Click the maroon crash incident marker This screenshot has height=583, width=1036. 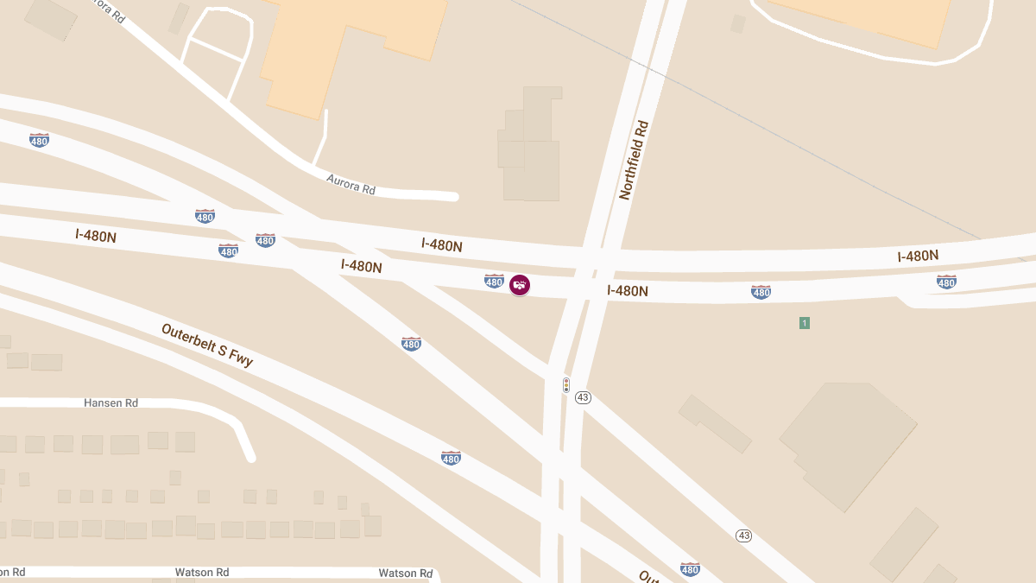pyautogui.click(x=519, y=284)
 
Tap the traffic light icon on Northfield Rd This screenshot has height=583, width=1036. pyautogui.click(x=566, y=384)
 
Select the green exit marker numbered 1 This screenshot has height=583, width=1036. pyautogui.click(x=804, y=323)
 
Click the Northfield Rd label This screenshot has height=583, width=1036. pyautogui.click(x=633, y=161)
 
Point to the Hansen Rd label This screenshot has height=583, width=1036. pyautogui.click(x=111, y=403)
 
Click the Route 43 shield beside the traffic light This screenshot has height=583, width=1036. pyautogui.click(x=583, y=397)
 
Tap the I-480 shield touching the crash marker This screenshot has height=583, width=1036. pyautogui.click(x=494, y=281)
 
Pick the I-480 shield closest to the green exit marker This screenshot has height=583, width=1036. pyautogui.click(x=761, y=292)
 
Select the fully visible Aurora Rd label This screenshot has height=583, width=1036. pyautogui.click(x=351, y=184)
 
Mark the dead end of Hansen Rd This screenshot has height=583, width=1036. pyautogui.click(x=250, y=456)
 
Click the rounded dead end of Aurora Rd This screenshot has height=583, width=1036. pyautogui.click(x=452, y=197)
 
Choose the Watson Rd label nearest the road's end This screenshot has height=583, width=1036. pyautogui.click(x=405, y=573)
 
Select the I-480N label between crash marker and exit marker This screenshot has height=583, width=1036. pyautogui.click(x=628, y=291)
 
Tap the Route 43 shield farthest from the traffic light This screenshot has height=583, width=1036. pyautogui.click(x=744, y=535)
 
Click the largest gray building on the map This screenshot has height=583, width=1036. pyautogui.click(x=850, y=440)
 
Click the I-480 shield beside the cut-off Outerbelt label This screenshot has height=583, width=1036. pyautogui.click(x=690, y=568)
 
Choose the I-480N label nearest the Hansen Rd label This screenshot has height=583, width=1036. pyautogui.click(x=96, y=235)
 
